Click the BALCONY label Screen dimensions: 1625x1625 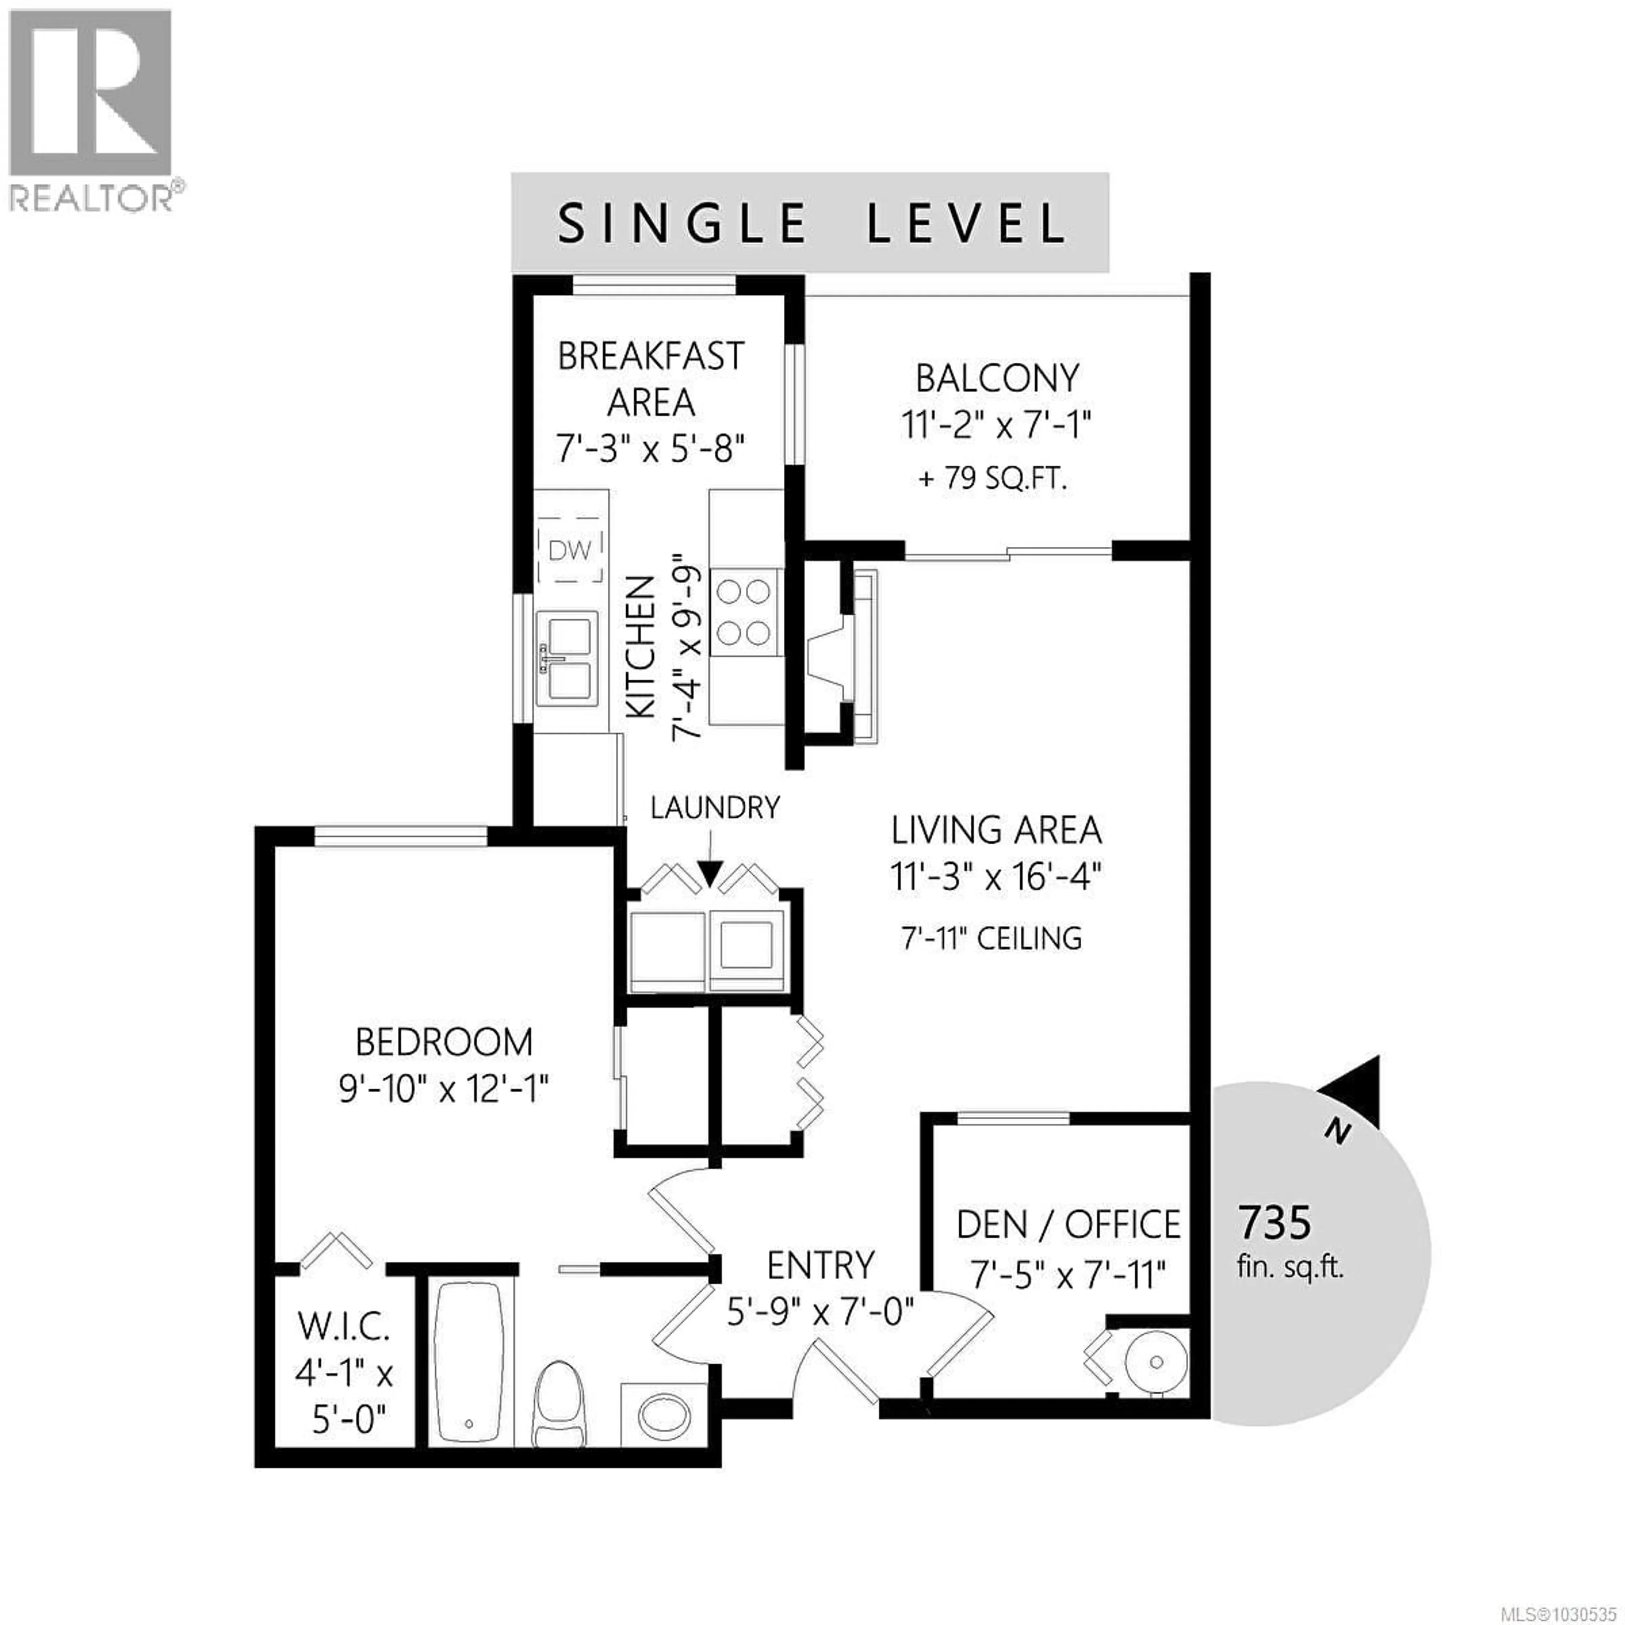(x=997, y=378)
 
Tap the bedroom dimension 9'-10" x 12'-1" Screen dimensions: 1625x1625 (x=443, y=1091)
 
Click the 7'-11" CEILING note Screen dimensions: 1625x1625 (x=992, y=938)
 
